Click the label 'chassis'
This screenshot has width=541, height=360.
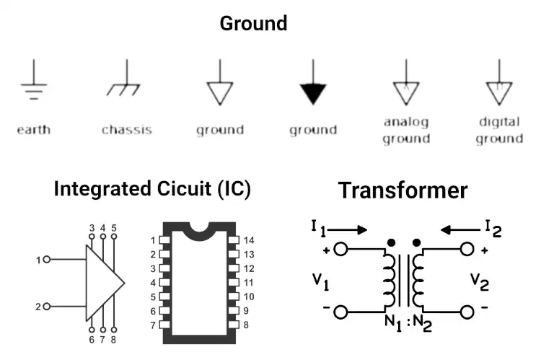(127, 130)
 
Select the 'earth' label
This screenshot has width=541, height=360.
(34, 130)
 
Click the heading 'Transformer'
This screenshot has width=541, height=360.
(403, 190)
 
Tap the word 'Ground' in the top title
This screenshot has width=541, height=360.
(253, 23)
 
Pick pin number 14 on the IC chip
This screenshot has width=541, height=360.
(249, 240)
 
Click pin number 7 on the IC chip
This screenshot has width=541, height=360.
(153, 325)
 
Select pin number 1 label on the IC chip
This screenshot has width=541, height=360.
(153, 240)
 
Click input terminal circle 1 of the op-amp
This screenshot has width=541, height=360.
(47, 259)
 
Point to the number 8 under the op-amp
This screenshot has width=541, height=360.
(114, 339)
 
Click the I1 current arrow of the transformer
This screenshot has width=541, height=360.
(349, 230)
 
